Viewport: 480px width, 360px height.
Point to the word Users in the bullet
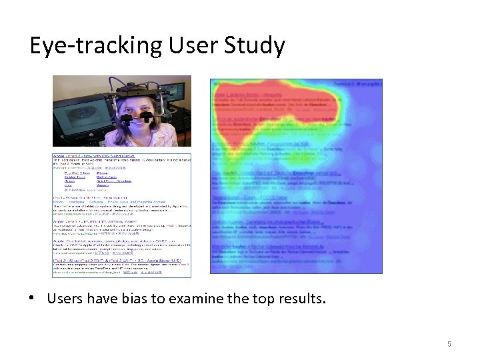(65, 298)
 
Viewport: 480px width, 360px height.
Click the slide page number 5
(449, 344)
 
